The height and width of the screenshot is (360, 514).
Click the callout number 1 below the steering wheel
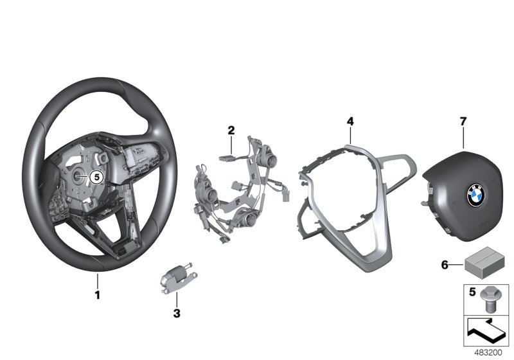[98, 296]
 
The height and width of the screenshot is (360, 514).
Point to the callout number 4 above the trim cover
[350, 121]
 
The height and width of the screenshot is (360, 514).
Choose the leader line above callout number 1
[98, 281]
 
